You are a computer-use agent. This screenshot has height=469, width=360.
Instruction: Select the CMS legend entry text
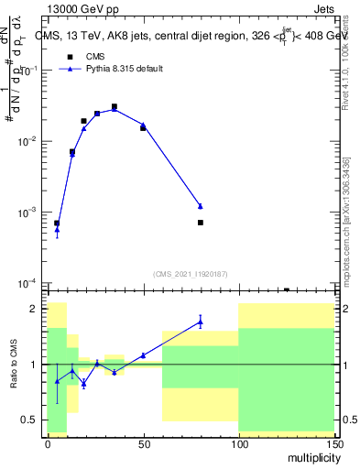coord(95,56)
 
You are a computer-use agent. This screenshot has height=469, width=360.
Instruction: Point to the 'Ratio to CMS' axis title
coord(15,365)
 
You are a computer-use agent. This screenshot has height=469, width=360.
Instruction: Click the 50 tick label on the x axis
coord(142,442)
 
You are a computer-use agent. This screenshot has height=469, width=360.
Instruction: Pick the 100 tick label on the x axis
coord(238,442)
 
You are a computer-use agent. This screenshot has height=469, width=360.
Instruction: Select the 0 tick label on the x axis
coord(48,442)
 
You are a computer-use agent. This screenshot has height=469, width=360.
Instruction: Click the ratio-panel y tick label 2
coord(33,310)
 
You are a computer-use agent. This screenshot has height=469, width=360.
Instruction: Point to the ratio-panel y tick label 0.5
coord(28,420)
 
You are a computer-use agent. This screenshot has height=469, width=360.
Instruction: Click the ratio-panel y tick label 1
coord(33,365)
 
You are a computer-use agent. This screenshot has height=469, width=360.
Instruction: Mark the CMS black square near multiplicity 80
coord(200,223)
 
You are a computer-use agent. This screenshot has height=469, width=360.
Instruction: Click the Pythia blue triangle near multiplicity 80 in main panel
coord(200,206)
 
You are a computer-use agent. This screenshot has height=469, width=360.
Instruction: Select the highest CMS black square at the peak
coord(115,106)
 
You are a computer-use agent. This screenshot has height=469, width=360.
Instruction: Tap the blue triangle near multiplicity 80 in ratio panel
coord(200,321)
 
